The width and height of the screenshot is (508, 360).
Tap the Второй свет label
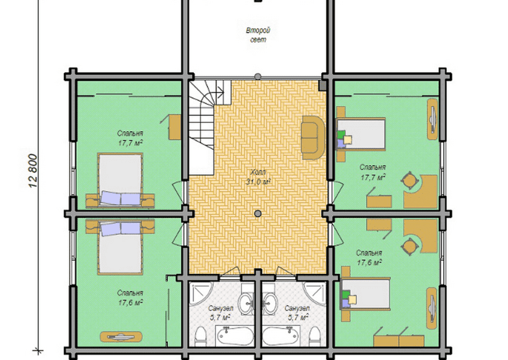pos(258,35)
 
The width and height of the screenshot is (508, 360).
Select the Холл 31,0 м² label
pos(258,177)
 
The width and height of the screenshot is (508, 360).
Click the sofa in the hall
pos(313,138)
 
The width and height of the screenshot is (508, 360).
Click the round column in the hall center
pos(258,214)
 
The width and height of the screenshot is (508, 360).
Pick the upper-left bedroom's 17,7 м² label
pos(130,143)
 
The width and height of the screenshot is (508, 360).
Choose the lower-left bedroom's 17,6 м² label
pos(131,303)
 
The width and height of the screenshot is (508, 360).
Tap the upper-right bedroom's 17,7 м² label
pos(373,177)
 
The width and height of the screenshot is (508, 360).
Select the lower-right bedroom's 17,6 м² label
pos(369,262)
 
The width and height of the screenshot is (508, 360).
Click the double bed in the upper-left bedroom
pos(120,179)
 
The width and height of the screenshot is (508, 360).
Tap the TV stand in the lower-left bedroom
pos(121,337)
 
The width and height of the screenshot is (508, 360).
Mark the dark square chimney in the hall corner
pos(323,86)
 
